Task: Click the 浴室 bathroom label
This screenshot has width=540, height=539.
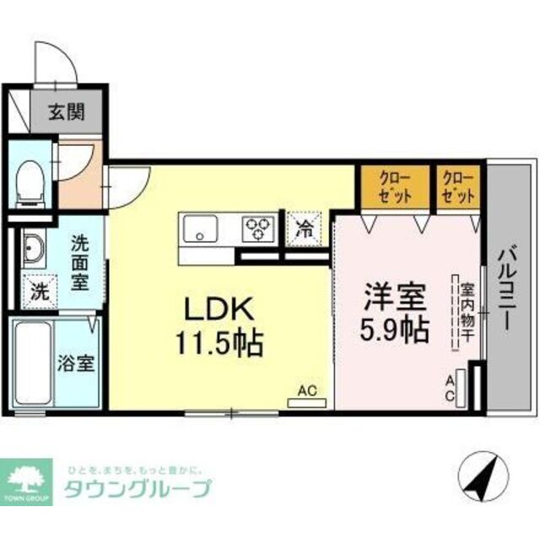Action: coord(75,364)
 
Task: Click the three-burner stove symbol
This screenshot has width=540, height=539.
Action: coord(259,226)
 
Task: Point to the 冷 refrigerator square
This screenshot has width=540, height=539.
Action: coord(303,226)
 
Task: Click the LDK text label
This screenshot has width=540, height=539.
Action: coord(216,310)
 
